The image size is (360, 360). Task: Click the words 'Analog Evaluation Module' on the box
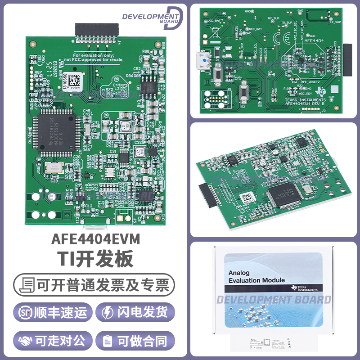pyautogui.click(x=256, y=277)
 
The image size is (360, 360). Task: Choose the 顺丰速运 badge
pyautogui.click(x=53, y=313)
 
